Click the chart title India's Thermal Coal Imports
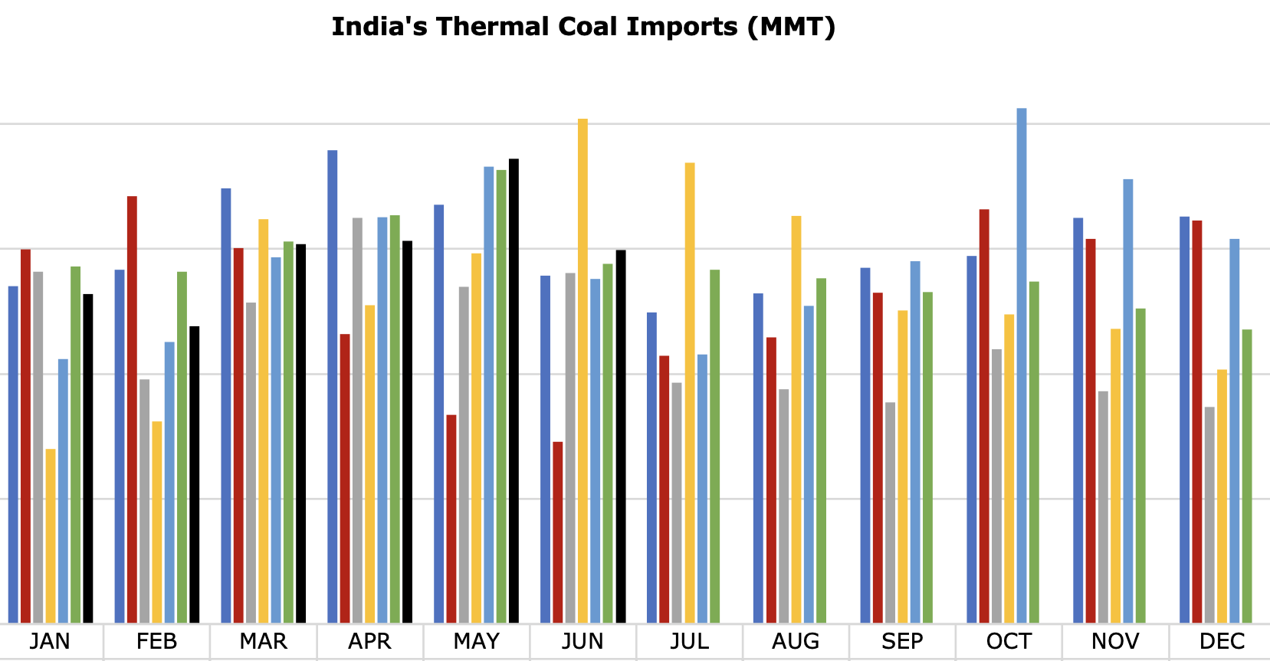[x=582, y=27]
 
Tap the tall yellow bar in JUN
[x=582, y=371]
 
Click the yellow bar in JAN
[x=51, y=535]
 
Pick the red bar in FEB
[x=133, y=409]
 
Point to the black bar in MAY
[x=514, y=391]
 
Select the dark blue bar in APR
[x=333, y=386]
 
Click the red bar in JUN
[x=558, y=532]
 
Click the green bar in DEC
[x=1247, y=476]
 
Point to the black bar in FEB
[x=195, y=474]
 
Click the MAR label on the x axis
[x=263, y=641]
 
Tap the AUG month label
[x=796, y=641]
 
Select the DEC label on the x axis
[x=1222, y=641]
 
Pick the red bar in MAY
[x=451, y=519]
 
